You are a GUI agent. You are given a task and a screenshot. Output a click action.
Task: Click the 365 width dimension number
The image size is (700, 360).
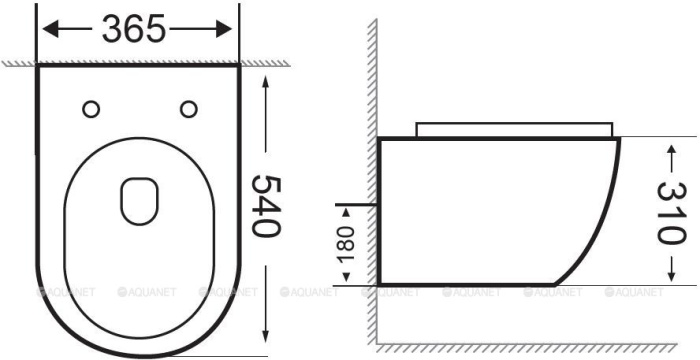pyautogui.click(x=134, y=29)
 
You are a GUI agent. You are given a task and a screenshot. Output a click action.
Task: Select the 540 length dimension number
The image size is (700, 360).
pyautogui.click(x=267, y=206)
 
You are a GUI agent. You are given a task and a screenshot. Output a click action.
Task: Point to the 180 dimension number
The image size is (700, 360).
pyautogui.click(x=346, y=245)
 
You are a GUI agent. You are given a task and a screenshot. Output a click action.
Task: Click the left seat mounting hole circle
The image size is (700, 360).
pyautogui.click(x=91, y=109)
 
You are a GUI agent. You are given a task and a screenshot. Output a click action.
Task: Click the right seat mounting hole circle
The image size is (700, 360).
pyautogui.click(x=189, y=109)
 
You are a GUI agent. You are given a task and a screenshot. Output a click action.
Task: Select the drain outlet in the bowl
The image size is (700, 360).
pyautogui.click(x=139, y=201)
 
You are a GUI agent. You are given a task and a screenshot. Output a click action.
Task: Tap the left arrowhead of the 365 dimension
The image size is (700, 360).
pyautogui.click(x=50, y=29)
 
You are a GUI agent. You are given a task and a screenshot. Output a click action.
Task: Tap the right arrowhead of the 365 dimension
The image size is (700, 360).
pyautogui.click(x=224, y=29)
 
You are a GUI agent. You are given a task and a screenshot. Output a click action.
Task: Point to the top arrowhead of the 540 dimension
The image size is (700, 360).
pyautogui.click(x=266, y=83)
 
